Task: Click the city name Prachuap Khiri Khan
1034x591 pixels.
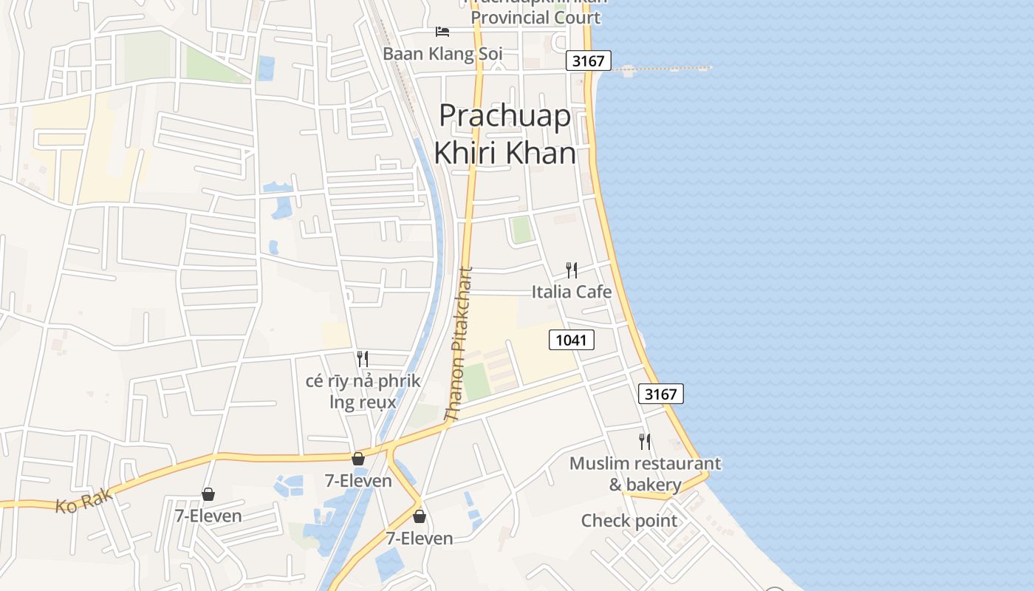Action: click(x=505, y=134)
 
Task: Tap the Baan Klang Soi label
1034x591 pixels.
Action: click(x=442, y=54)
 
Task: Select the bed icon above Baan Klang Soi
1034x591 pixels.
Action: click(x=442, y=32)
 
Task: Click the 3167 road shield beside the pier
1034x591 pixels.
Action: click(x=588, y=61)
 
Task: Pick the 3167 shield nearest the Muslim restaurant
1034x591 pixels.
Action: click(x=660, y=394)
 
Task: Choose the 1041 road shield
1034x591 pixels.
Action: click(x=572, y=340)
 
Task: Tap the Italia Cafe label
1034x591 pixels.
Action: click(x=572, y=292)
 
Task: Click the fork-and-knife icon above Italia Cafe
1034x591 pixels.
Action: click(x=571, y=270)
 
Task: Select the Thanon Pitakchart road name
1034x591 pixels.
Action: click(x=459, y=344)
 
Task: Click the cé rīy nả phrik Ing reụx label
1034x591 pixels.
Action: click(x=363, y=392)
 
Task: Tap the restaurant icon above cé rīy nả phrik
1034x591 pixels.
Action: click(x=363, y=359)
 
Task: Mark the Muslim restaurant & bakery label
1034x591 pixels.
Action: click(x=645, y=474)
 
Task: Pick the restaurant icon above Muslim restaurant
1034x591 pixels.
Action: click(x=645, y=442)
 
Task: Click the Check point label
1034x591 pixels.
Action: click(x=629, y=521)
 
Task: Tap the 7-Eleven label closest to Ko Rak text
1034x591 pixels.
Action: click(x=208, y=516)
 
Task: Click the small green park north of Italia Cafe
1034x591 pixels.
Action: click(x=521, y=230)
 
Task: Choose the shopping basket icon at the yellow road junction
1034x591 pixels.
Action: click(x=358, y=459)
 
